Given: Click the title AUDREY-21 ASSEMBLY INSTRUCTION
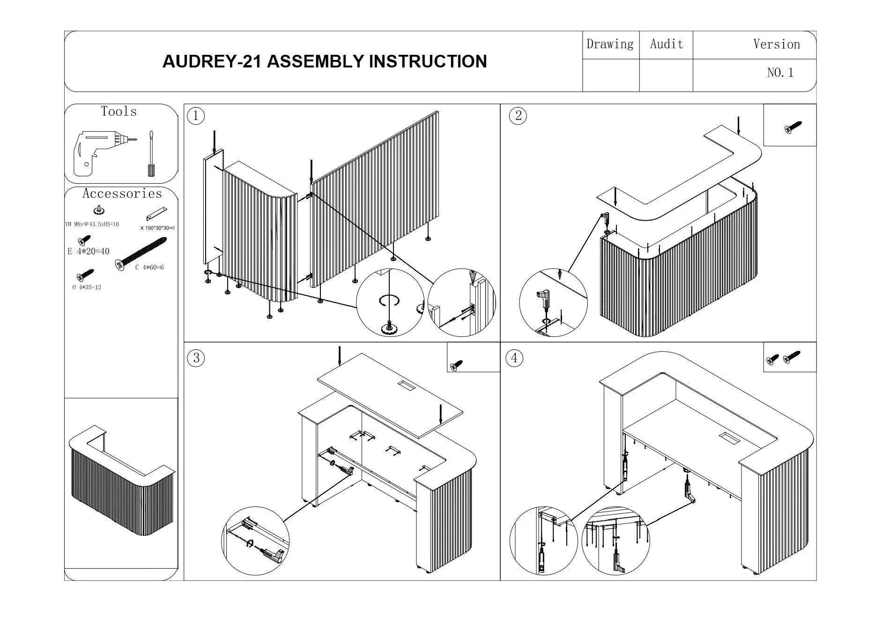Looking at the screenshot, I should [324, 61].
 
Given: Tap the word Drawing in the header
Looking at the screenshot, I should [610, 45].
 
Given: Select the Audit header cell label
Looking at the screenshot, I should [667, 45].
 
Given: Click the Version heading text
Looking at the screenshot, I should [776, 45].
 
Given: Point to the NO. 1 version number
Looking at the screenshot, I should [780, 73].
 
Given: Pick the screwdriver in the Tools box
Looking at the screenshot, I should [151, 154].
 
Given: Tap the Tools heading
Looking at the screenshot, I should [119, 111].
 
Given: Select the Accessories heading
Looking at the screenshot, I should [122, 193].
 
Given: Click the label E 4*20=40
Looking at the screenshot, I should [89, 252].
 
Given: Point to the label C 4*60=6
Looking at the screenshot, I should [149, 267].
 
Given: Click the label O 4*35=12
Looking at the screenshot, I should [87, 287].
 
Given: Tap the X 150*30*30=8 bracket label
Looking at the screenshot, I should [157, 228].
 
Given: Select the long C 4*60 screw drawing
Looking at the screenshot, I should [141, 253].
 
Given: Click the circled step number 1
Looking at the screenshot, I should [196, 116].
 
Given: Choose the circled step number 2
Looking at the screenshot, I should [518, 116].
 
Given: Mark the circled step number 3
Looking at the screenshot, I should [196, 358].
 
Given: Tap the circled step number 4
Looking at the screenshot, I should [514, 358].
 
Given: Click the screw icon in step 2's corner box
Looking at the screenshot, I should [793, 127].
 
